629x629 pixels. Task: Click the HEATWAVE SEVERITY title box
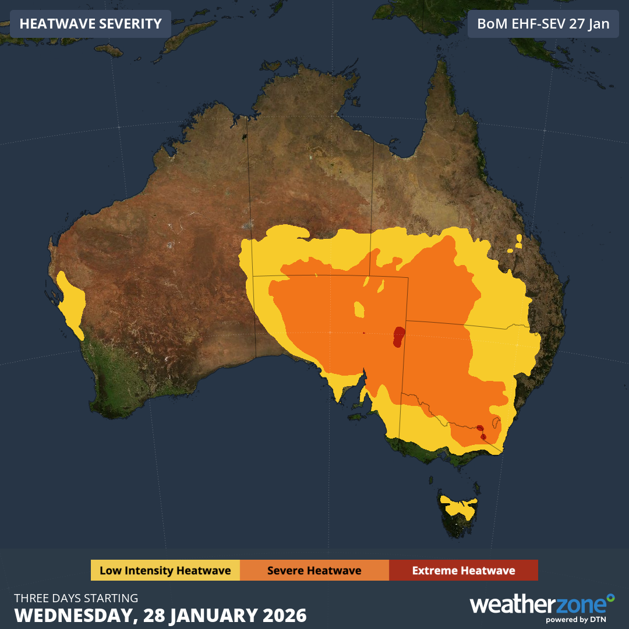[90, 24]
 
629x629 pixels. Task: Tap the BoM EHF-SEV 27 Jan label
[543, 24]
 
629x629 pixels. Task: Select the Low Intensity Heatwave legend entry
[165, 570]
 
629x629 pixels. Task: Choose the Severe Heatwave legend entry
[314, 570]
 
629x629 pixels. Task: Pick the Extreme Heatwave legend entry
[464, 570]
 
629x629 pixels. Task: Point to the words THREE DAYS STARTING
[76, 598]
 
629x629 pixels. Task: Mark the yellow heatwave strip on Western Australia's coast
[73, 303]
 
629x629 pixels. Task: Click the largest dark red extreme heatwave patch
[399, 335]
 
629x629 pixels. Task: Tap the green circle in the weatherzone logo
[610, 598]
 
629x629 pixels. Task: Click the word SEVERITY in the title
[131, 24]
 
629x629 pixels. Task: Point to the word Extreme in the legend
[434, 570]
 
